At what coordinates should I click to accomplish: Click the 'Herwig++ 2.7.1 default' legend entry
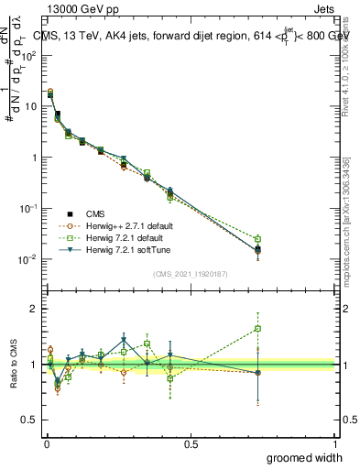pos(127,224)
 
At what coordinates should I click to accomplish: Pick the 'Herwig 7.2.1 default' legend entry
pos(125,237)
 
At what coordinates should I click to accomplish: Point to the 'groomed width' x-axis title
pos(304,457)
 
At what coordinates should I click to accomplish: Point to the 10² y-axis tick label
pos(27,55)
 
